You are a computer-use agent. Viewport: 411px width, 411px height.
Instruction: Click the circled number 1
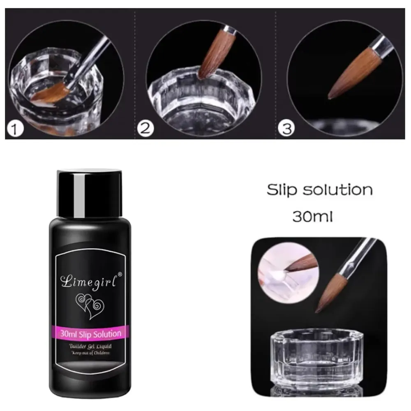(15, 129)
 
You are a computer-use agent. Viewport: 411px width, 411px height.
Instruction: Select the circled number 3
(286, 129)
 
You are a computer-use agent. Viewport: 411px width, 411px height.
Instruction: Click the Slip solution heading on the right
(320, 190)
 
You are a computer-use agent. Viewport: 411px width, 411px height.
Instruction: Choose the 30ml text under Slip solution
(312, 217)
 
